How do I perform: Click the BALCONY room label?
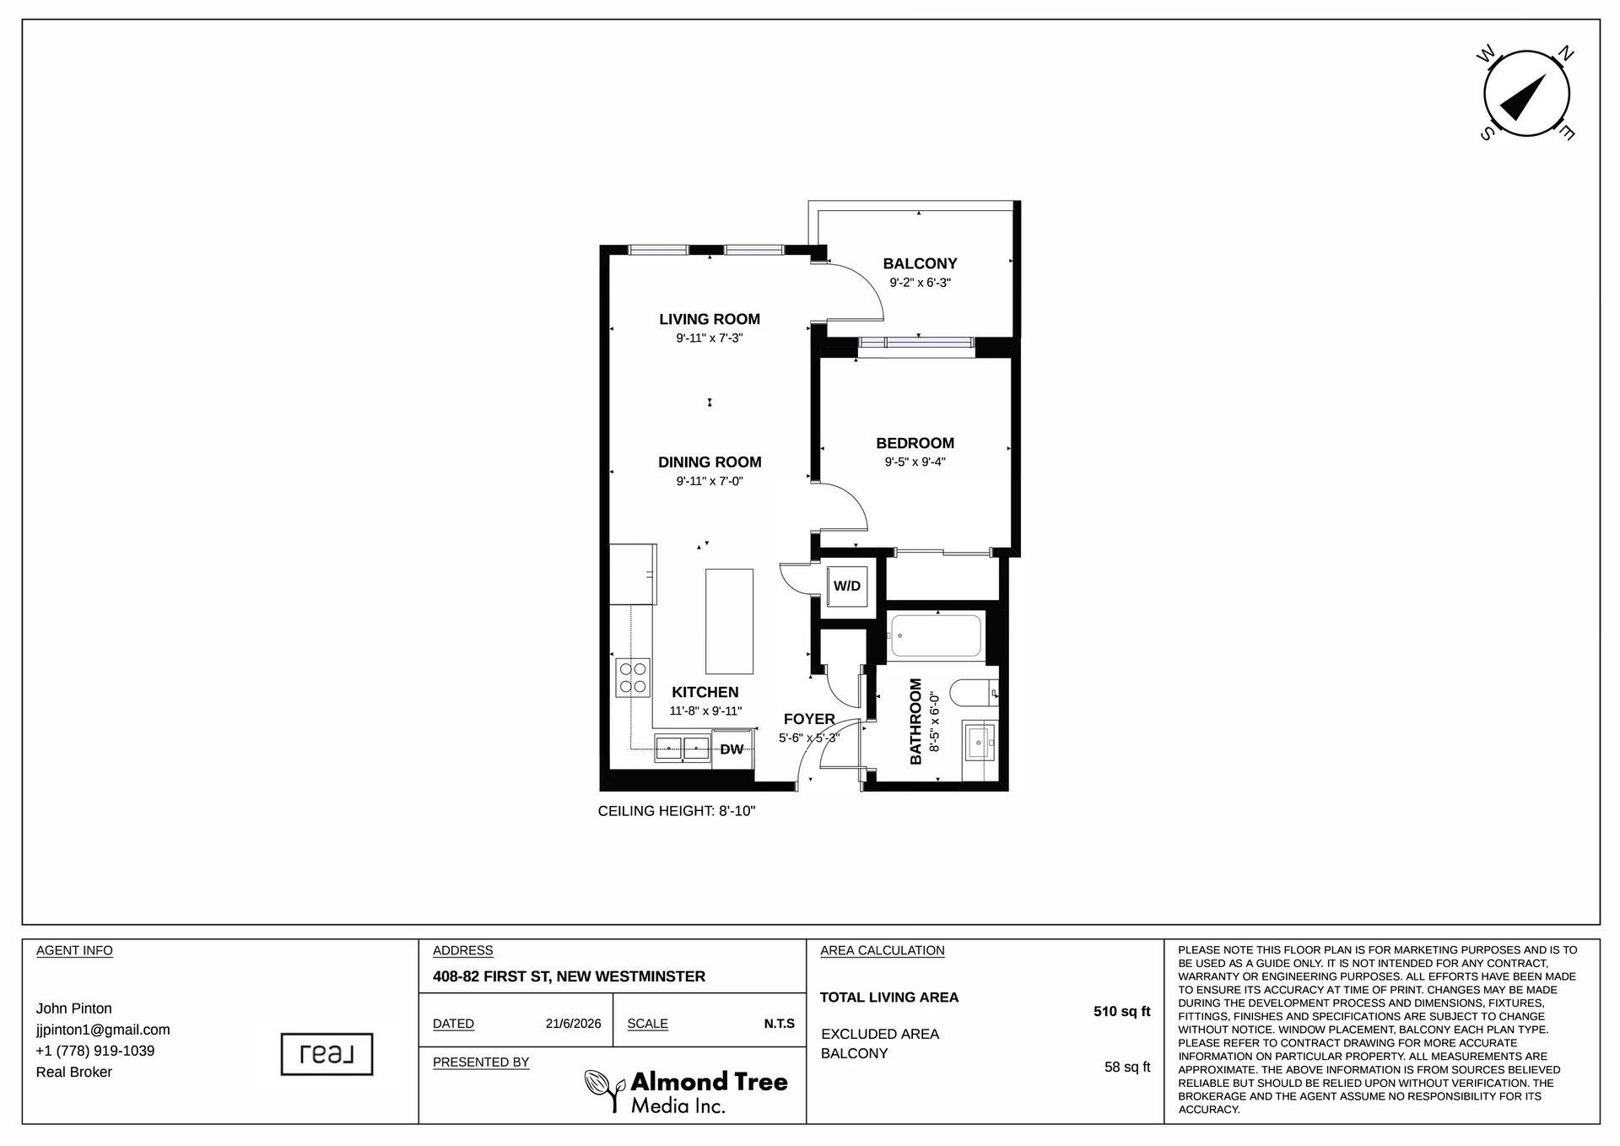tap(920, 264)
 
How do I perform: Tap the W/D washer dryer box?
tap(847, 585)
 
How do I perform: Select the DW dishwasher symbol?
tap(732, 749)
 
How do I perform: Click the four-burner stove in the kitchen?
tap(634, 677)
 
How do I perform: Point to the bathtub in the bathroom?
tap(935, 635)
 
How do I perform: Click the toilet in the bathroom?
tap(975, 694)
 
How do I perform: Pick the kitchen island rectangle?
tap(729, 619)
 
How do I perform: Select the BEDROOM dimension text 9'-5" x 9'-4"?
tap(915, 462)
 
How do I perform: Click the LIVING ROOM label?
tap(710, 319)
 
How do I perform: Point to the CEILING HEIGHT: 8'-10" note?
tap(677, 812)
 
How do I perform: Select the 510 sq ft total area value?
tap(1122, 1012)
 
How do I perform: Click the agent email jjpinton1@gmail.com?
tap(103, 1030)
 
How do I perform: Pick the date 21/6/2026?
tap(573, 1024)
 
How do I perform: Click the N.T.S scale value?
tap(780, 1024)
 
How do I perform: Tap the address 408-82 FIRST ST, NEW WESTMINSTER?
tap(569, 976)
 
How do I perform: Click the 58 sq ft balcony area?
tap(1127, 1068)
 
